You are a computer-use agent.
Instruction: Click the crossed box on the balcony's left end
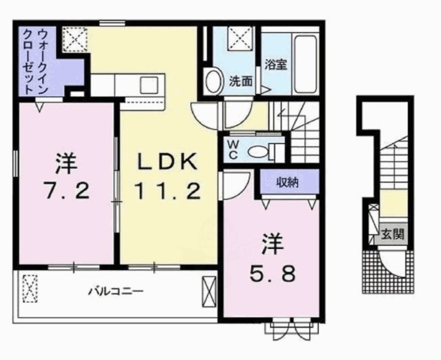coord(30,289)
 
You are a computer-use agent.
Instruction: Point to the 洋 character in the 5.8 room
coord(271,243)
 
